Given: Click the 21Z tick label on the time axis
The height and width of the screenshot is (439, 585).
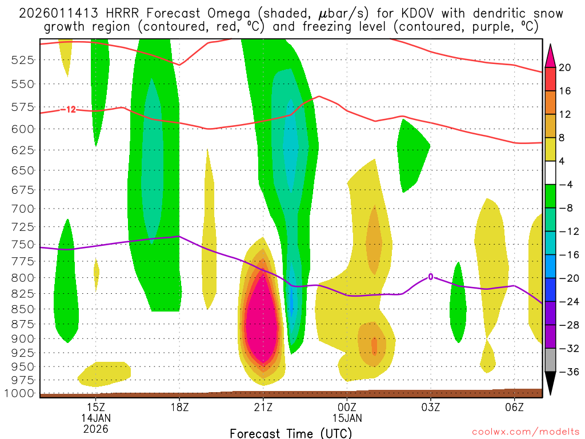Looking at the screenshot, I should (263, 406).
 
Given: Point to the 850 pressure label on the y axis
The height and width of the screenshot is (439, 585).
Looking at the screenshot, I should (23, 309).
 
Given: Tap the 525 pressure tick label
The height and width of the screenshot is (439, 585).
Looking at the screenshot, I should (23, 59).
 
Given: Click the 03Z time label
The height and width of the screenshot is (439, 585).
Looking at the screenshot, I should (430, 406).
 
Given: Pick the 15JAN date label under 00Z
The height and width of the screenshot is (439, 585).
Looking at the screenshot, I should (347, 418).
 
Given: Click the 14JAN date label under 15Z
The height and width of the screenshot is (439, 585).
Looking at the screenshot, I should (95, 418).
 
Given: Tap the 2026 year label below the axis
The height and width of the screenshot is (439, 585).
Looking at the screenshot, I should (95, 429).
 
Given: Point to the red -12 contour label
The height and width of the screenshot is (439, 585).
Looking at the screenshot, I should (69, 109).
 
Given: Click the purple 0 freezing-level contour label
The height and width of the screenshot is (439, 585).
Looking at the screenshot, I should (431, 277).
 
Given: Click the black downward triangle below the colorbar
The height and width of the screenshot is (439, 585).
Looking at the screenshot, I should (551, 383).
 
